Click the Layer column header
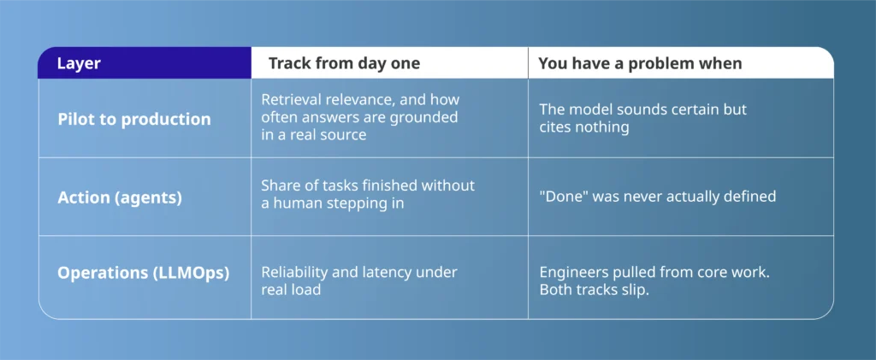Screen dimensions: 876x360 point(79,63)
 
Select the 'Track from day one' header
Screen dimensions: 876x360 point(344,63)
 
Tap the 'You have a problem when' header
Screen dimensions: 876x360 point(640,63)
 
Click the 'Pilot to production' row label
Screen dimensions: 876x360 point(134,119)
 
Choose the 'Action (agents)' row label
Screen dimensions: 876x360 point(120,198)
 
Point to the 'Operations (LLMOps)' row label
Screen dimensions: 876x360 point(144,274)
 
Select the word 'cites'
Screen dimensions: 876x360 point(554,127)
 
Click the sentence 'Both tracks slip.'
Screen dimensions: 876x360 point(594,290)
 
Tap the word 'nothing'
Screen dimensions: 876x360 point(601,127)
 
